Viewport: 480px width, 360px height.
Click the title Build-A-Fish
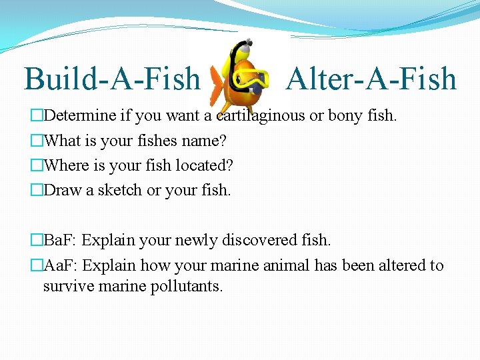[x=112, y=79]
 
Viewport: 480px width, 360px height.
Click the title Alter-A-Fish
[x=371, y=79]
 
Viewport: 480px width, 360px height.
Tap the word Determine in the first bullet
[x=79, y=116]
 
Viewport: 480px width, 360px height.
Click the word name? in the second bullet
[x=205, y=141]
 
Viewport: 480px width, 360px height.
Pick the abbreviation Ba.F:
[x=60, y=239]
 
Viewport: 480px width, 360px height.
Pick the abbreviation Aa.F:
[x=60, y=265]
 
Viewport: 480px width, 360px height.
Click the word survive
[x=67, y=287]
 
